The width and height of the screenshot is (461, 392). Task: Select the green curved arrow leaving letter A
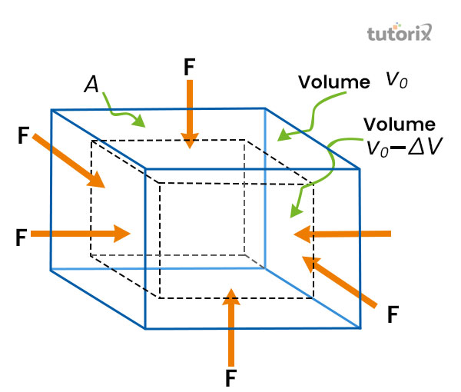[x=122, y=112]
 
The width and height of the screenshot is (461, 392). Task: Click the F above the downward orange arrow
[x=190, y=67]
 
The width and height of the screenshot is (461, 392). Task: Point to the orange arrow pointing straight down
[x=190, y=111]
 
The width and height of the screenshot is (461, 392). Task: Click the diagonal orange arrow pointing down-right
[x=73, y=159]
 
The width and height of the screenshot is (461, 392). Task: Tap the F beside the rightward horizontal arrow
[x=21, y=236]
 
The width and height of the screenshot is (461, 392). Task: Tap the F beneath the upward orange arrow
[x=230, y=377]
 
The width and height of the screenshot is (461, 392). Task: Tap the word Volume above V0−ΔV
[x=400, y=125]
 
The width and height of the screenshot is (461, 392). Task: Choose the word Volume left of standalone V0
[x=334, y=82]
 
